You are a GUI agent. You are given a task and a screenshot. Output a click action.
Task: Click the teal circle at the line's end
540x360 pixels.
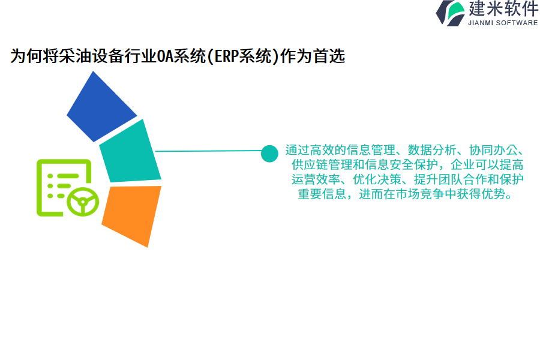click(x=269, y=154)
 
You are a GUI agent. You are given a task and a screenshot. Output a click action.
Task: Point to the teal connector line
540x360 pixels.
click(x=208, y=151)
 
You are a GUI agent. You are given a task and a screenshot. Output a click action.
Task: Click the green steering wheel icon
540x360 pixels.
click(x=83, y=202)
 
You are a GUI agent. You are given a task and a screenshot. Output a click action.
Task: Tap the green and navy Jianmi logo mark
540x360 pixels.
click(x=451, y=13)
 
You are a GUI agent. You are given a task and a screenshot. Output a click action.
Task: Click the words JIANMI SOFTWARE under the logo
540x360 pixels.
click(x=503, y=23)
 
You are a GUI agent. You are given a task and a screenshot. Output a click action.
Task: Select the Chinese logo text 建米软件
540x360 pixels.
click(x=503, y=8)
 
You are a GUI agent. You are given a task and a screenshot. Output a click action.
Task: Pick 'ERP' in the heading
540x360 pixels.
click(x=226, y=56)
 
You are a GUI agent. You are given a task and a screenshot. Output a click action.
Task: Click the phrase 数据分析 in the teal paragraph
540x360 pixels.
click(x=432, y=150)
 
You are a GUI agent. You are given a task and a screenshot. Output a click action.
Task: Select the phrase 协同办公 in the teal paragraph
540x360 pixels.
click(x=493, y=150)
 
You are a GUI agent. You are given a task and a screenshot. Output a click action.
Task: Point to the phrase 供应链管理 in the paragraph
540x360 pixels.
click(x=322, y=164)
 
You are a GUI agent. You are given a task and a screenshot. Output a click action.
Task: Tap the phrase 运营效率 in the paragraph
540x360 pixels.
click(x=316, y=179)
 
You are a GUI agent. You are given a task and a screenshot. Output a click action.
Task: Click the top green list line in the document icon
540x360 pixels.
click(x=68, y=176)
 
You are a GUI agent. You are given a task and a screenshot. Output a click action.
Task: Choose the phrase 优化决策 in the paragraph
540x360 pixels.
click(x=377, y=179)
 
